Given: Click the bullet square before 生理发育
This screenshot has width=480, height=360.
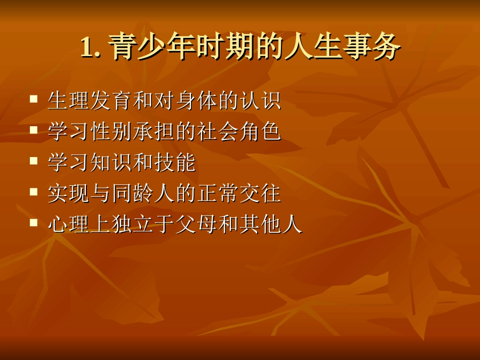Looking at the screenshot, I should (34, 99).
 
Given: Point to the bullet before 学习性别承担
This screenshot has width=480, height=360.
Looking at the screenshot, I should (34, 130).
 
